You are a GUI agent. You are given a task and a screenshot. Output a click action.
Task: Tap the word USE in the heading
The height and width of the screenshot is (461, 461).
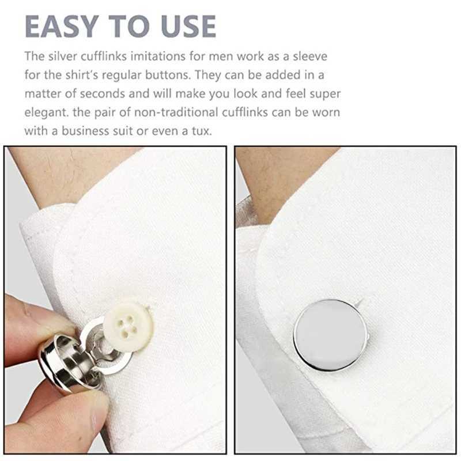pyautogui.click(x=183, y=27)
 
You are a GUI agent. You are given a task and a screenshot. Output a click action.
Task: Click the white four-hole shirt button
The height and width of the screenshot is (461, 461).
pyautogui.click(x=129, y=323)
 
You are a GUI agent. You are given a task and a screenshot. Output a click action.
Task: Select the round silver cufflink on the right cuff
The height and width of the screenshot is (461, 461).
pyautogui.click(x=330, y=335)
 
